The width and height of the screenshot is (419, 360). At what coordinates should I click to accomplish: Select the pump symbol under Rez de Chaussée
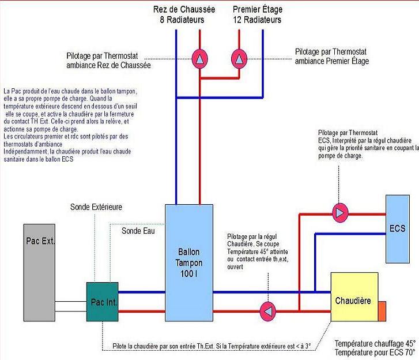coord(199,59)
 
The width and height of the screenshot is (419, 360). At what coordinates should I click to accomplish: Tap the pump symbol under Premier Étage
coord(239,59)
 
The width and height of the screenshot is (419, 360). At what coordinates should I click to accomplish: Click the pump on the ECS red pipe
coord(340,213)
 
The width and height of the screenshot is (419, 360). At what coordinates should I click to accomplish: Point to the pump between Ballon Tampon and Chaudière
coord(267,311)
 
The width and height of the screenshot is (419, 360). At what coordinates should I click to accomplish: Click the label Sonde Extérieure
coord(96,207)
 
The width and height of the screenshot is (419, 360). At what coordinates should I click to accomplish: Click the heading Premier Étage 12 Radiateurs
coord(257,15)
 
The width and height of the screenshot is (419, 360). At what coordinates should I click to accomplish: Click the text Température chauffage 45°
coord(375,342)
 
